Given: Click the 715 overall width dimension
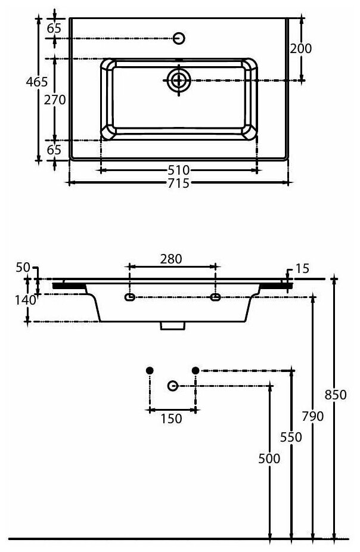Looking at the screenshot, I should tap(178, 183).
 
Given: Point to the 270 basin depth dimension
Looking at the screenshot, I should tap(55, 100).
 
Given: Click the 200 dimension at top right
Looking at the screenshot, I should tap(301, 49).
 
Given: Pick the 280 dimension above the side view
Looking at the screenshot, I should tap(170, 259).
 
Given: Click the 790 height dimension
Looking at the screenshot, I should tap(314, 416).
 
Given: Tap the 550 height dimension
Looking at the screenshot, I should tap(292, 437).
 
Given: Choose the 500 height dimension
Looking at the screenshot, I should tap(269, 458).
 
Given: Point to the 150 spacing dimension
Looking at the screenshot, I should tap(171, 419).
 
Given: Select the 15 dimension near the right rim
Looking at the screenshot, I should tap(302, 269).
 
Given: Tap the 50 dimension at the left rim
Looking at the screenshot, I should tap(23, 268).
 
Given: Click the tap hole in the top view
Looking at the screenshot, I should tap(179, 39).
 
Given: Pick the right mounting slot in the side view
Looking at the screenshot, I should tap(216, 296).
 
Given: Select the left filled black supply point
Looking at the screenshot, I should tap(150, 370).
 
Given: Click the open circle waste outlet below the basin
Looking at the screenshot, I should tap(173, 386).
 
